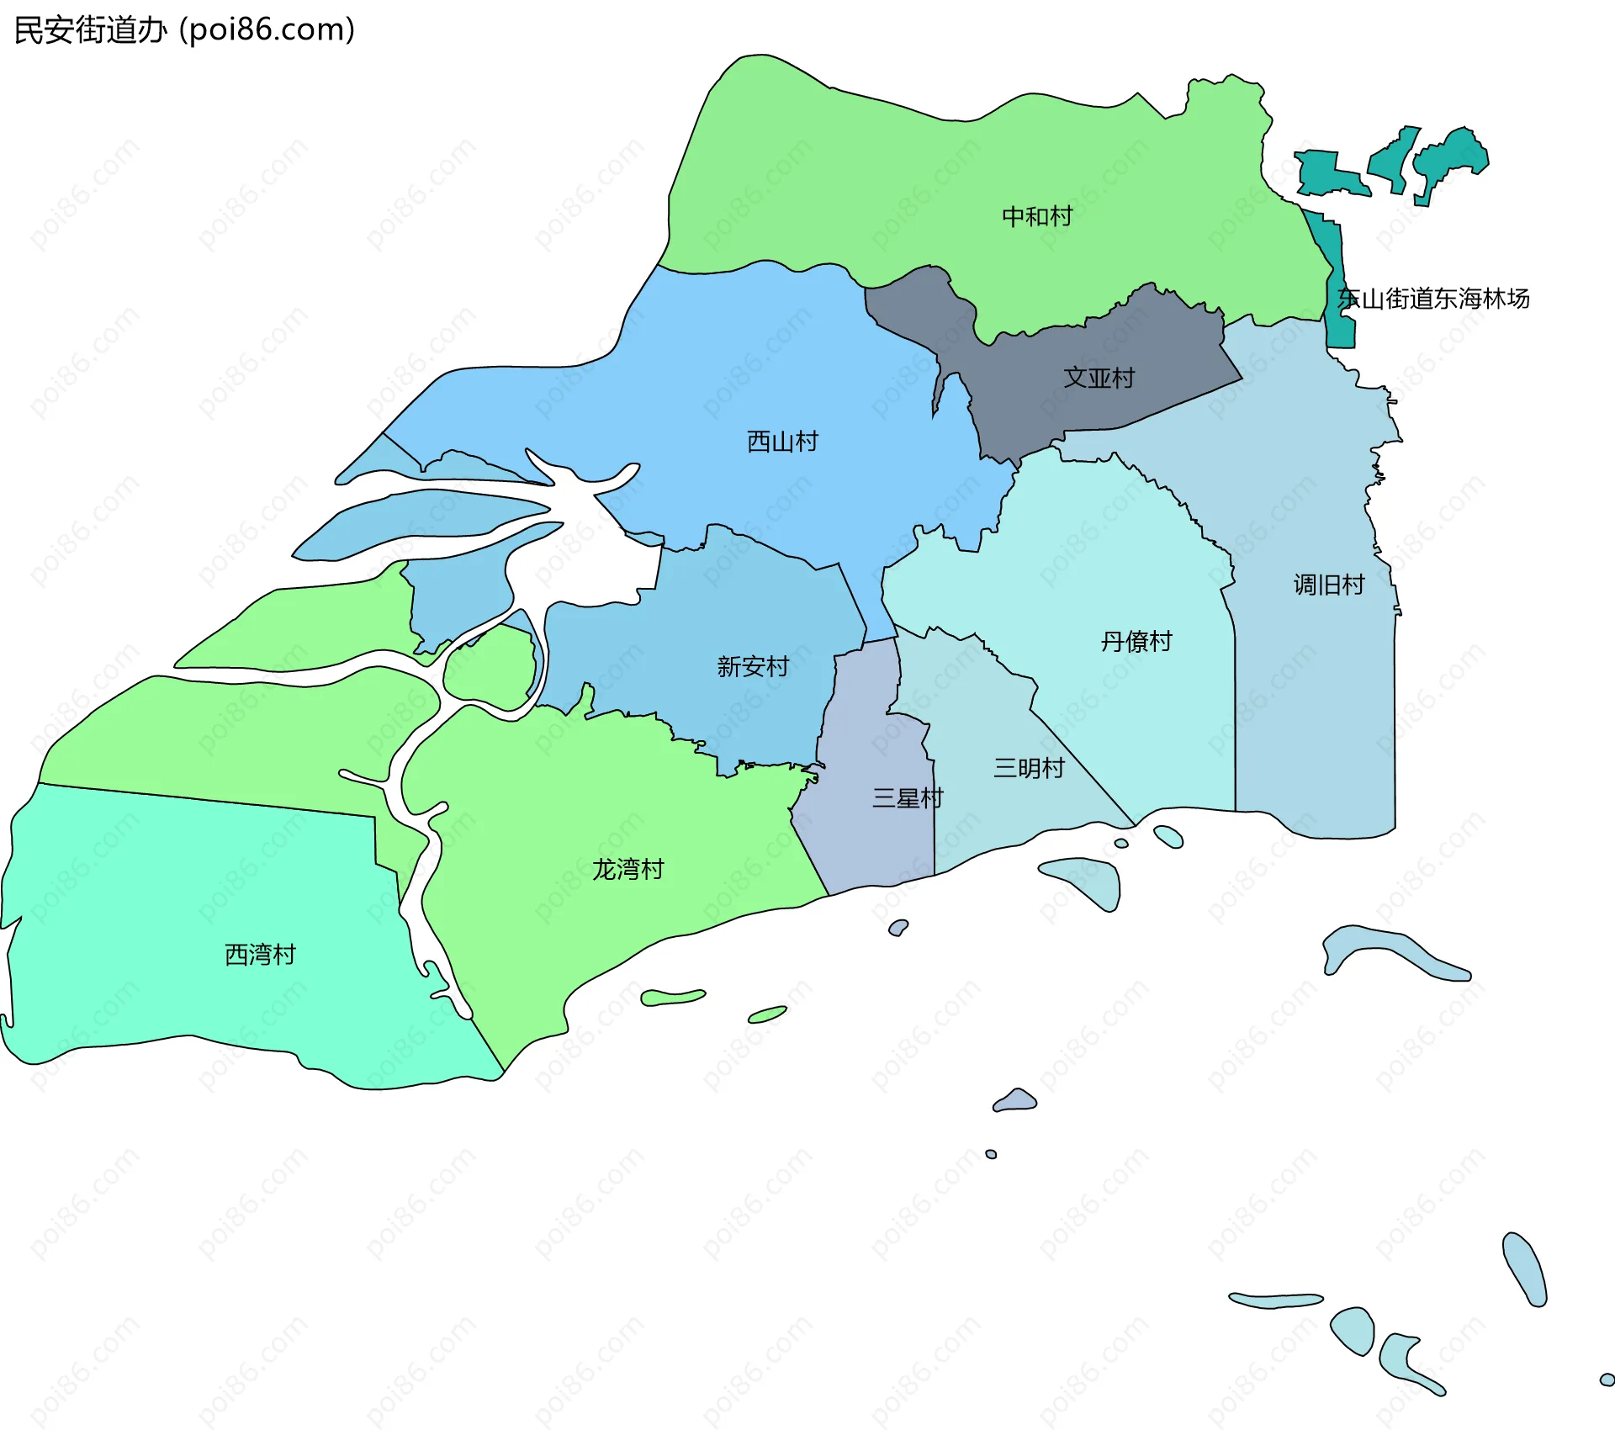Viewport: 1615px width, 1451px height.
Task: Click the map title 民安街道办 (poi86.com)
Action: (185, 30)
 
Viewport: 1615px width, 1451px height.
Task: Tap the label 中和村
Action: (1037, 217)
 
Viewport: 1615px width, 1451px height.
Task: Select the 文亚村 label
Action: (1099, 378)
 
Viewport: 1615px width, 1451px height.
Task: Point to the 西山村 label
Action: (782, 442)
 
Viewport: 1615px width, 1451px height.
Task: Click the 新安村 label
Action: (753, 667)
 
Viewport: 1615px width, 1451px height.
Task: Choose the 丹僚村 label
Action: (1136, 642)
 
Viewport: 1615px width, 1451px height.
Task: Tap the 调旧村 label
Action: (1329, 585)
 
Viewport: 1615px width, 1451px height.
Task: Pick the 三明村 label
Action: (1029, 768)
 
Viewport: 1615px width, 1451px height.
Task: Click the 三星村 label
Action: (908, 798)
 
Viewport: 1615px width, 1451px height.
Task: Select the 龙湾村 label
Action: (628, 869)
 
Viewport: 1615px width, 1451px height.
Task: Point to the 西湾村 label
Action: (260, 955)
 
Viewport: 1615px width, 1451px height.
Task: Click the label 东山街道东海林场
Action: (1433, 299)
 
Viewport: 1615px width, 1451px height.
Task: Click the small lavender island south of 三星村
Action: (1016, 1100)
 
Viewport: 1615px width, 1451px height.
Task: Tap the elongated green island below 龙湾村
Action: (672, 998)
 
